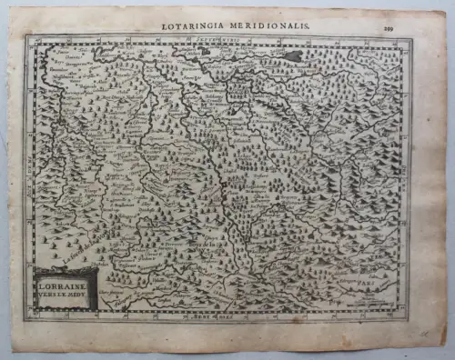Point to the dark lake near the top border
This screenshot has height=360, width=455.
pos(292,56)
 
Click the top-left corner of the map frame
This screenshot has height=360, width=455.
pos(26,38)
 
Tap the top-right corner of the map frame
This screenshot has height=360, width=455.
pos(411,38)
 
